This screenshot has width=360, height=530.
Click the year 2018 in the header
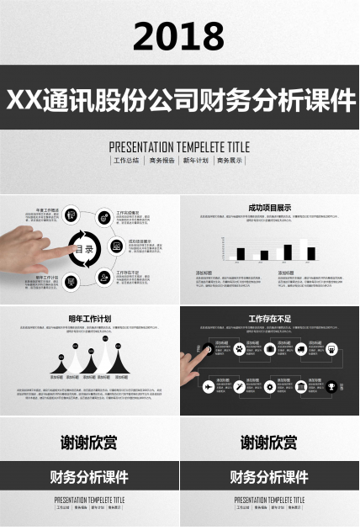179,36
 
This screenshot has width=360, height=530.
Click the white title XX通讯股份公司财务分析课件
180,99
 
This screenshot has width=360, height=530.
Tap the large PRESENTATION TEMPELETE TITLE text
179,146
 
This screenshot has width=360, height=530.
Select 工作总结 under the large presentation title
127,160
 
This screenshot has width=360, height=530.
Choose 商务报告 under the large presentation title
162,160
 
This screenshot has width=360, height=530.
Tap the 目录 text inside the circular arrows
87,249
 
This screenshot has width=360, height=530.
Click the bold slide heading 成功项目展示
269,207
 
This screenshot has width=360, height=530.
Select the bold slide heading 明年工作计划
90,319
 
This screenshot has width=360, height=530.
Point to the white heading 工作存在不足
269,319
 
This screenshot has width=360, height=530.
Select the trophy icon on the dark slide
332,387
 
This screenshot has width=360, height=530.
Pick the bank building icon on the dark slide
301,387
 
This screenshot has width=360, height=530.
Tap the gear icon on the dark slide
270,387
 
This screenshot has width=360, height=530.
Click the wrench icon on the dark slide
240,387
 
